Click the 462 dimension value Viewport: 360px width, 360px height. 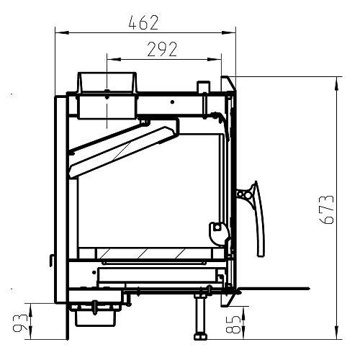click(x=143, y=22)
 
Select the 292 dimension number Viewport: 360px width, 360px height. click(x=162, y=49)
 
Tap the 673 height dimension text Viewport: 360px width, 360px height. click(x=328, y=210)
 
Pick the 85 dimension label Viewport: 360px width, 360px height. click(x=233, y=324)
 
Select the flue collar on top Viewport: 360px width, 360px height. click(x=107, y=82)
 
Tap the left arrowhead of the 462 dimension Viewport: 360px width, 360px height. click(x=62, y=32)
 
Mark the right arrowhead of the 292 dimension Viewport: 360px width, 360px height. click(x=215, y=59)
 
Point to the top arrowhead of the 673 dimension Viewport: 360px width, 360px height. click(x=337, y=84)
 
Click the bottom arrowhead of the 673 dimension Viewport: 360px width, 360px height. click(x=337, y=333)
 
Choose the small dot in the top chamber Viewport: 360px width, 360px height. click(x=172, y=102)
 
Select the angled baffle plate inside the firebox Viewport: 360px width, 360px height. click(x=122, y=150)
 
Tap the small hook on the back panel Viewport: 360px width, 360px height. click(x=51, y=261)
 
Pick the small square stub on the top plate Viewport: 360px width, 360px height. click(x=204, y=86)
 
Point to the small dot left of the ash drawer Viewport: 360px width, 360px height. click(x=94, y=272)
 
